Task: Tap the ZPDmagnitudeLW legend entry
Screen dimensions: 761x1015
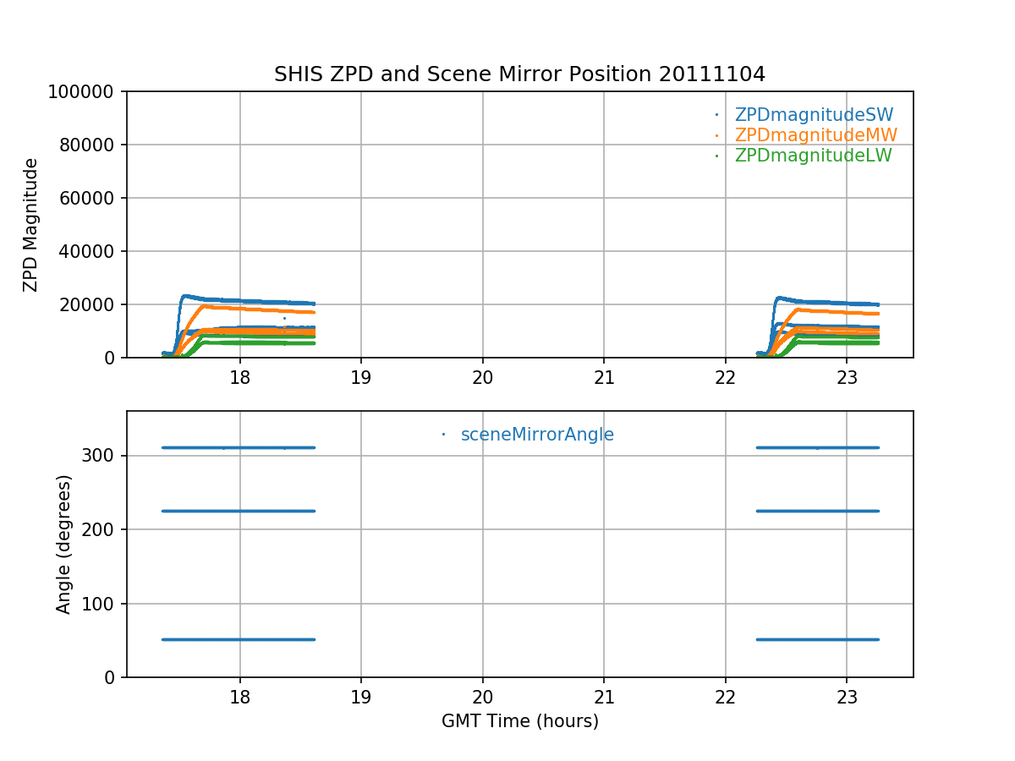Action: pos(813,156)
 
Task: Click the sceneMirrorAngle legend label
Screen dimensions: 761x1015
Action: pos(537,435)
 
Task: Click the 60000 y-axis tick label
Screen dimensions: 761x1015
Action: pos(92,198)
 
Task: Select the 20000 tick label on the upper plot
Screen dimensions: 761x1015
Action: pos(92,304)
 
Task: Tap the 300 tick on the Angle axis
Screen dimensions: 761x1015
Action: pos(103,456)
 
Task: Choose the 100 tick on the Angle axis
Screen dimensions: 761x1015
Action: pos(103,604)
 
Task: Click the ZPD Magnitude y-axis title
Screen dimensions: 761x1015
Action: pos(31,225)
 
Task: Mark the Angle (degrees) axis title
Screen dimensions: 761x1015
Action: pos(64,544)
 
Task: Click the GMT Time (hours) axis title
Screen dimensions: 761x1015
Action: pos(519,721)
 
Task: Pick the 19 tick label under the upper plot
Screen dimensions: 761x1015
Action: pos(361,375)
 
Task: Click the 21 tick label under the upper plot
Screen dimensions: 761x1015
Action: pos(604,375)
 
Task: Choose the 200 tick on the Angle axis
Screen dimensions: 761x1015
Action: pos(103,529)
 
